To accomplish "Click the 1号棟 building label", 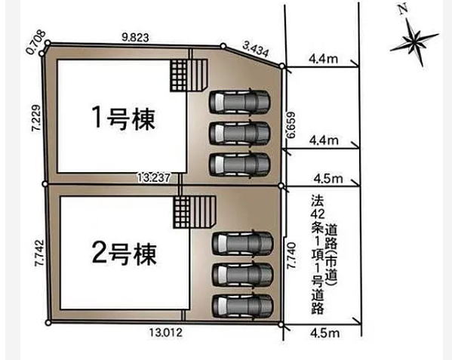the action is coord(124,118).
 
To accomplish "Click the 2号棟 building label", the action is coord(125,254).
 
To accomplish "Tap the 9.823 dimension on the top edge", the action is coord(135,38).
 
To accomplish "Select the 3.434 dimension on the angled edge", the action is coord(256,49).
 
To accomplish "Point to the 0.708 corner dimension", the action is coord(35,42).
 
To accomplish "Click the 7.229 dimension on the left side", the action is coord(36,118).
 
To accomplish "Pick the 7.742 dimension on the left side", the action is coord(39,253).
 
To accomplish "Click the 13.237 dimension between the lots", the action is coord(153,177).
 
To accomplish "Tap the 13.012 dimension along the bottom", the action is coord(166,333).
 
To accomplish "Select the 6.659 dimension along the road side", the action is coord(291,125).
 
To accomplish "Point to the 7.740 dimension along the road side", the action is coord(291,256).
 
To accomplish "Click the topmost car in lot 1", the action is coord(240,103).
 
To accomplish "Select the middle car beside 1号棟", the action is coord(240,134).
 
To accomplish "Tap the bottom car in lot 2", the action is coord(243,306).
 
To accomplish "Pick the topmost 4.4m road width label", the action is coord(323,59).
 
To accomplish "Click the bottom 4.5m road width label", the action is coord(325,333).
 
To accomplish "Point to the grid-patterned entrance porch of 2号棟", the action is coord(182,212).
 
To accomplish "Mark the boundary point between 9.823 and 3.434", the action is coord(223,46).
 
